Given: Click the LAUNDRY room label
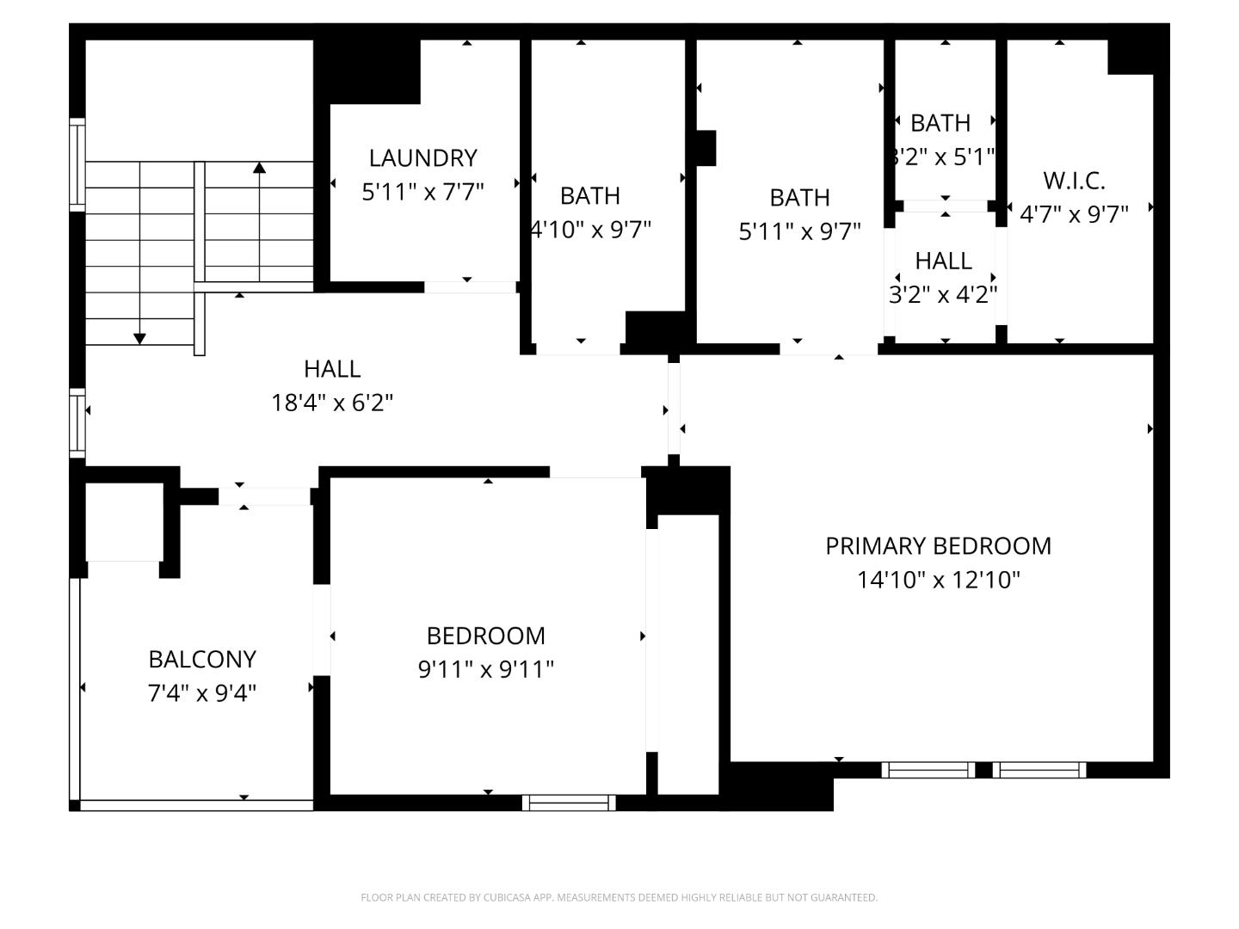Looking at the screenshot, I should pyautogui.click(x=422, y=158).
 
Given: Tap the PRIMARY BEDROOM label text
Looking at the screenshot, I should pyautogui.click(x=938, y=546).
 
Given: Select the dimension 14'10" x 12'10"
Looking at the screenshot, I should pyautogui.click(x=938, y=580).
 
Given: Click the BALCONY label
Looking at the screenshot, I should pyautogui.click(x=202, y=659).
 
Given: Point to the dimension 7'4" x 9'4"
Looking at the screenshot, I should pyautogui.click(x=202, y=692).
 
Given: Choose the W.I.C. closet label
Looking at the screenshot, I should pyautogui.click(x=1074, y=181).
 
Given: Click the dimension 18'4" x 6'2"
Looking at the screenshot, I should pyautogui.click(x=332, y=403).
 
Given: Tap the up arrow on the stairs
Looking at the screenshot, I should pyautogui.click(x=259, y=168).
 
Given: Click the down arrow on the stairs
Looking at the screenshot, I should pyautogui.click(x=139, y=339).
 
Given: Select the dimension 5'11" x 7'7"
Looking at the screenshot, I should pyautogui.click(x=422, y=192).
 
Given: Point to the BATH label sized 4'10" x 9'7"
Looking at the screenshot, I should pyautogui.click(x=589, y=196).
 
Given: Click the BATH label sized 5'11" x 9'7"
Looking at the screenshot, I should pyautogui.click(x=799, y=198).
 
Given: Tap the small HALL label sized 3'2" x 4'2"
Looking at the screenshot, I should pyautogui.click(x=943, y=261).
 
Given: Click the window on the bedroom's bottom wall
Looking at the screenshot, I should pyautogui.click(x=569, y=803).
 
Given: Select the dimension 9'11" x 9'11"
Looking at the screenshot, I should pyautogui.click(x=486, y=669).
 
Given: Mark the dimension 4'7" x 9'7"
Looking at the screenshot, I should pyautogui.click(x=1074, y=214).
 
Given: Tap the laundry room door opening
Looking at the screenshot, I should pyautogui.click(x=470, y=287).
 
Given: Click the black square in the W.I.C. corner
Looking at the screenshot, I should pyautogui.click(x=1130, y=57).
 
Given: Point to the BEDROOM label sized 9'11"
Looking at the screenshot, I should pyautogui.click(x=486, y=636).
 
